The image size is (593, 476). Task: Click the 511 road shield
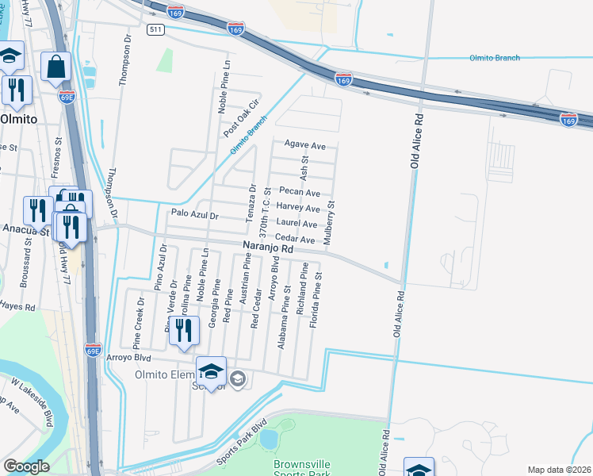[x=156, y=29]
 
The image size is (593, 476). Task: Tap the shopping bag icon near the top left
[x=55, y=69]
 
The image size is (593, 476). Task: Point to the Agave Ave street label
[x=305, y=146]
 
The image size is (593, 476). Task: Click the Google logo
[x=26, y=466]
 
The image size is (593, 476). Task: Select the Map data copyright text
[x=559, y=470]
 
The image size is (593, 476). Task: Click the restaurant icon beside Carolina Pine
[x=184, y=332]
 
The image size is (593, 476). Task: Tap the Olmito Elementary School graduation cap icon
[x=211, y=372]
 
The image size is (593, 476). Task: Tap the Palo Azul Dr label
[x=193, y=215]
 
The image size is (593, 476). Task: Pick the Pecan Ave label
[x=300, y=193]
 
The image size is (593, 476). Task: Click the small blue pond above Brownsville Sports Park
[x=268, y=438]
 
